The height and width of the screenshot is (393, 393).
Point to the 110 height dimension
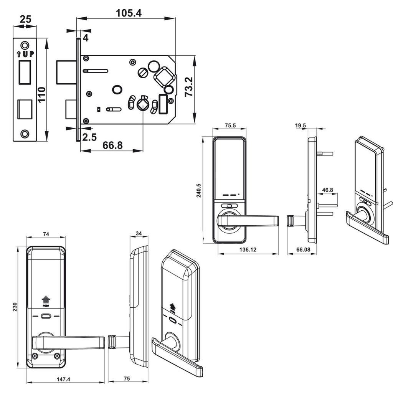coord(41,94)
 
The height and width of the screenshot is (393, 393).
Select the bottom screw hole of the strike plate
coord(25,134)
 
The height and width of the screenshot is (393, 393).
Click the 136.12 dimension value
coord(248,249)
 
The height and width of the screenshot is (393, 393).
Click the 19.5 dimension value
coord(301,125)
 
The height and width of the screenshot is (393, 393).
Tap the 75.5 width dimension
coord(230,125)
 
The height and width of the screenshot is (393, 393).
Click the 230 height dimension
coord(15,307)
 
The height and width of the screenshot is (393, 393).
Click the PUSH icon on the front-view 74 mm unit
coord(46,301)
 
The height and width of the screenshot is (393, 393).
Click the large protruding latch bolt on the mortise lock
coord(66,72)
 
